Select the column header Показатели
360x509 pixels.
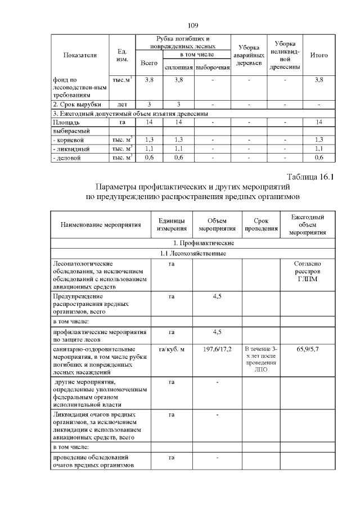point(80,55)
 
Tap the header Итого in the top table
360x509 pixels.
point(319,55)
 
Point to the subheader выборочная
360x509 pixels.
point(213,68)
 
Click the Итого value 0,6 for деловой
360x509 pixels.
point(319,159)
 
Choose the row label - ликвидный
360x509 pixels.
point(69,148)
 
